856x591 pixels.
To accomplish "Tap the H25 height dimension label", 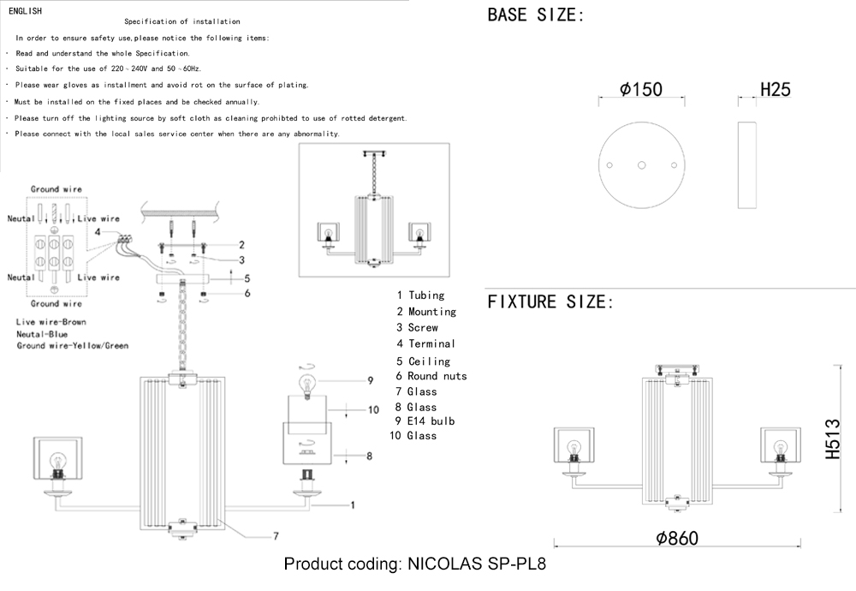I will click(x=775, y=90).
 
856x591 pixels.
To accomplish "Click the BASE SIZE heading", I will click(x=536, y=15).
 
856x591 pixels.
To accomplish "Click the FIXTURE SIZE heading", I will click(x=550, y=301).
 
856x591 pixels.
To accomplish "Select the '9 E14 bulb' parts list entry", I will click(x=425, y=421).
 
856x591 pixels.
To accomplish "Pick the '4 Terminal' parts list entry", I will click(x=425, y=343).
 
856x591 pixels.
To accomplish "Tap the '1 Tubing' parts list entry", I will click(x=420, y=295).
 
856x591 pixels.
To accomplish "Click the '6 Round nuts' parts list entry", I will click(x=431, y=376).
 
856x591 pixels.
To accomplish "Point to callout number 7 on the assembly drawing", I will click(x=276, y=537).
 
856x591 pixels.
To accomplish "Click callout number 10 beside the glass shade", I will click(x=373, y=410).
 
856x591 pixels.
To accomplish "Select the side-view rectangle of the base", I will click(x=747, y=164).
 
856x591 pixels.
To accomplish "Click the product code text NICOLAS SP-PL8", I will click(x=414, y=564).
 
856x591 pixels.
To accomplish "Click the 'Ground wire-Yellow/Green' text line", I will click(x=72, y=346).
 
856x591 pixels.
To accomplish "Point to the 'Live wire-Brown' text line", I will click(x=51, y=322).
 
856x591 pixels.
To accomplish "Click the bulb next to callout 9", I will click(x=306, y=383).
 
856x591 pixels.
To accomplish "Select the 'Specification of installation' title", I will click(x=182, y=21).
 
